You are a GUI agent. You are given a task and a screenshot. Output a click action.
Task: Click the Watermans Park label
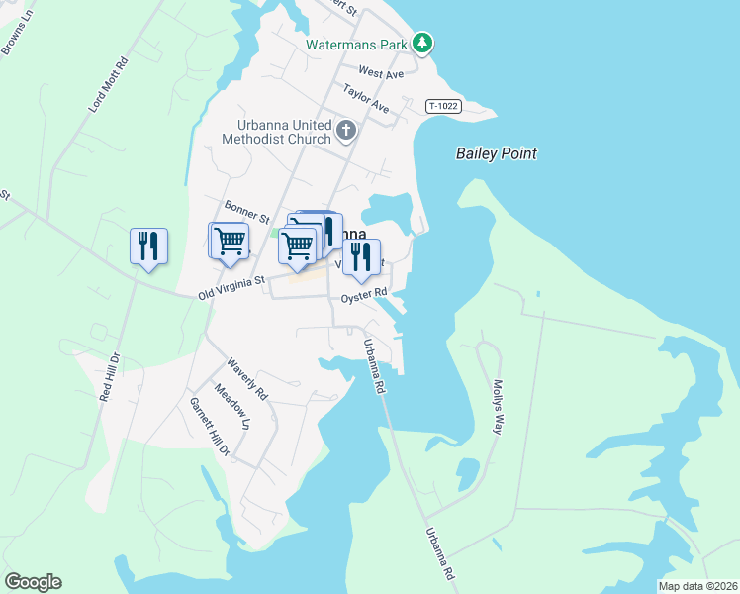click(x=356, y=45)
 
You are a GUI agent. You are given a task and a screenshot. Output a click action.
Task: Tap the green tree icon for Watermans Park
click(x=423, y=43)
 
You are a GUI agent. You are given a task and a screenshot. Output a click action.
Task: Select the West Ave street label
click(x=381, y=73)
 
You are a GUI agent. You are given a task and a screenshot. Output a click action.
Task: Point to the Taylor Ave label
click(x=366, y=99)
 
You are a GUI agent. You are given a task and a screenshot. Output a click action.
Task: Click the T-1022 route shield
click(x=445, y=106)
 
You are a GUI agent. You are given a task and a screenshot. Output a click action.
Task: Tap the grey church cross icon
click(x=346, y=130)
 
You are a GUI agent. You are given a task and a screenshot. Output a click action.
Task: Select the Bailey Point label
click(x=496, y=153)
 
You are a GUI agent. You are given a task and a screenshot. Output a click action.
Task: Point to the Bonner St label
click(x=246, y=211)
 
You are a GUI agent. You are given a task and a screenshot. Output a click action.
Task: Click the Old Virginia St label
click(x=232, y=287)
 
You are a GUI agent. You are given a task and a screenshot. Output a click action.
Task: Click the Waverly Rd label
click(x=247, y=377)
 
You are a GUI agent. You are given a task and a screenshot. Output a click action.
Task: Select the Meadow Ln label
click(x=232, y=407)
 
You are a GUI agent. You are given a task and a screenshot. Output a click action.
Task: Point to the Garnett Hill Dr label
click(x=210, y=426)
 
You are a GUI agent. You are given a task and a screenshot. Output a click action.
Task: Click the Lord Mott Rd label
click(x=110, y=84)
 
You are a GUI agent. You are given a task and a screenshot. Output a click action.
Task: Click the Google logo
click(x=33, y=582)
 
